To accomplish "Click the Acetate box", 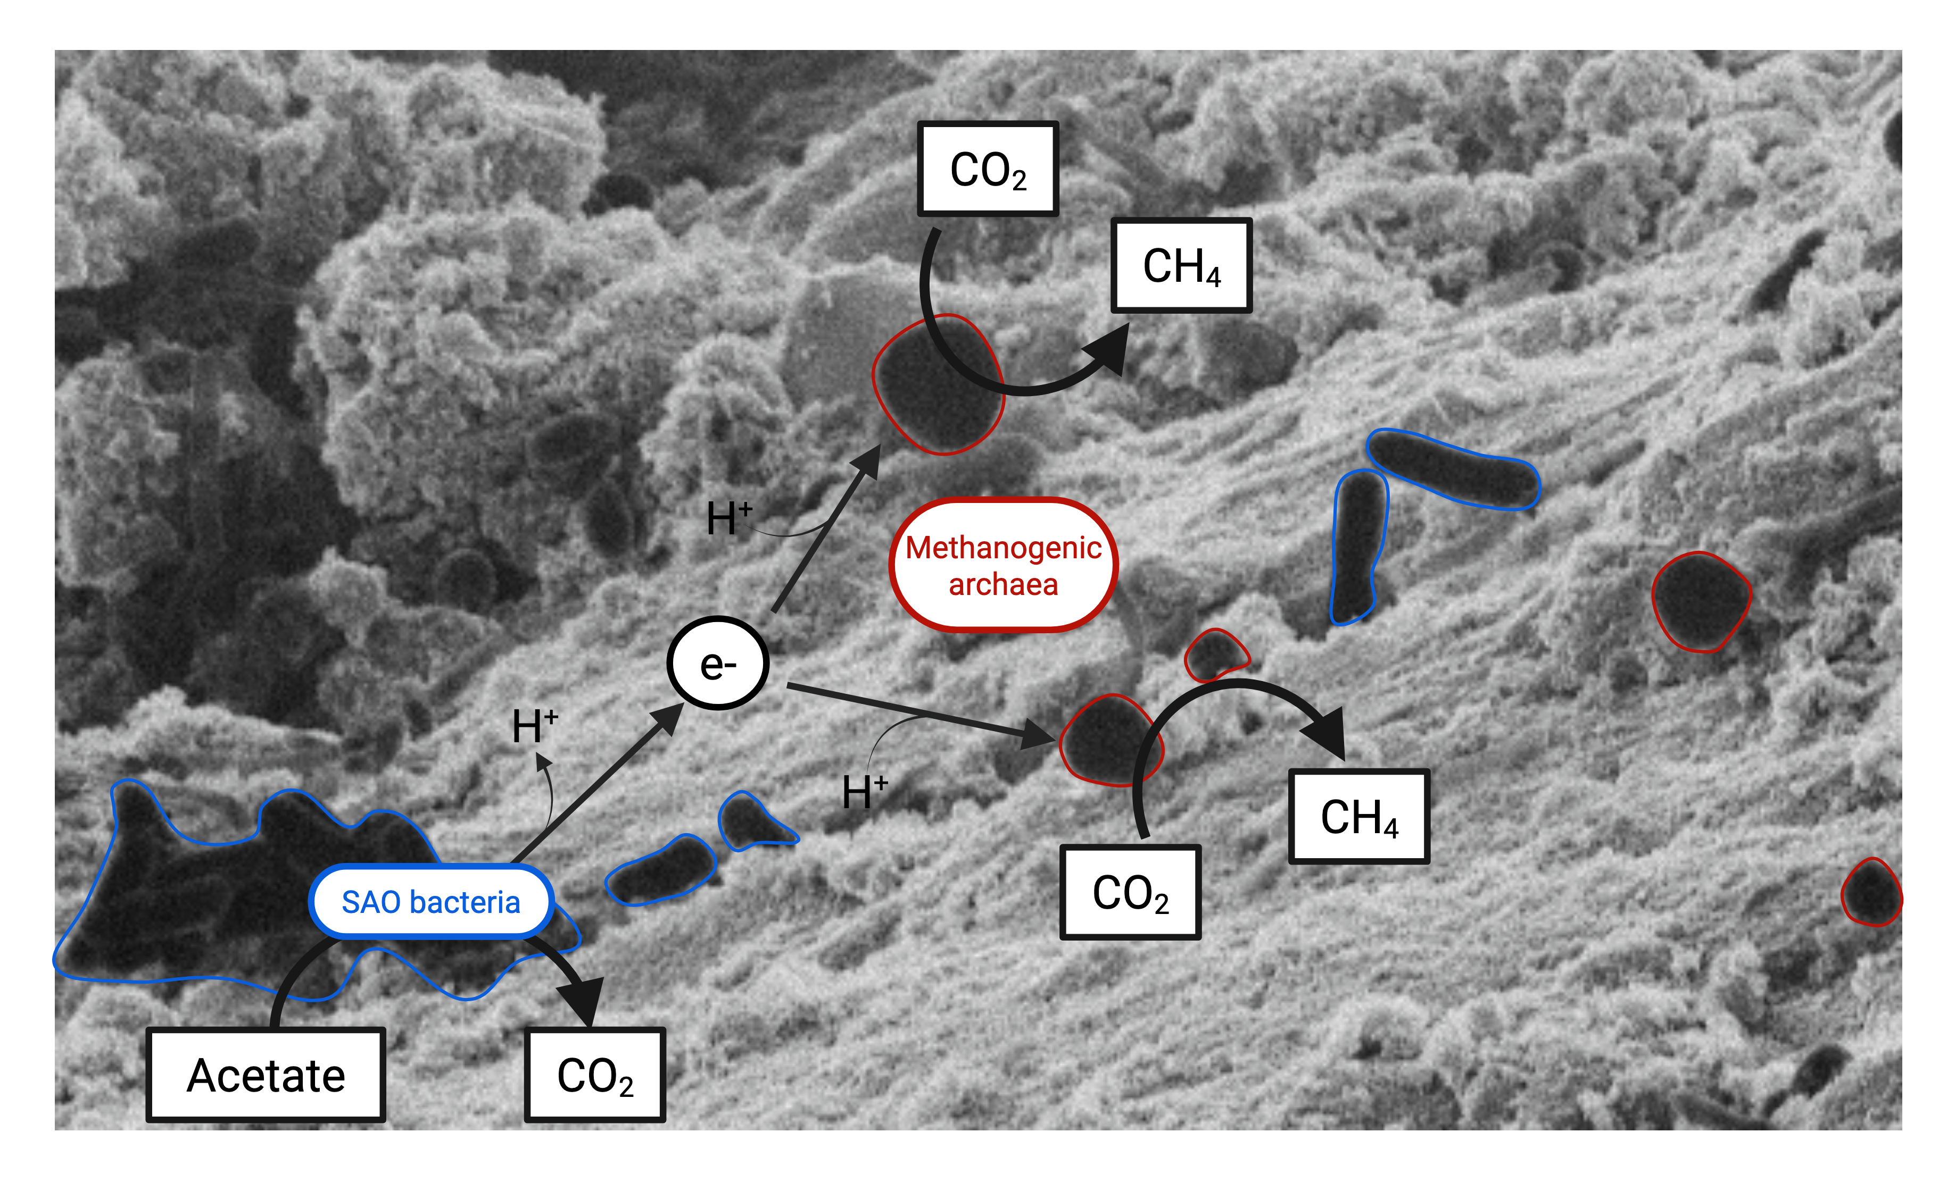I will click(266, 1075).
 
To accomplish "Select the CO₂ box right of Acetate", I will click(595, 1075).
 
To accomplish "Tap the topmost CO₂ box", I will click(988, 169).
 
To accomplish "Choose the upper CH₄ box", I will click(1181, 265).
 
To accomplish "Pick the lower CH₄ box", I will click(1358, 816).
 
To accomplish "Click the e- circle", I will click(717, 663).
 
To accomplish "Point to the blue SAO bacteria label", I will click(431, 901).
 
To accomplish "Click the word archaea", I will click(1002, 584).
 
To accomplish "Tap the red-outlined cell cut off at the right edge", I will click(1871, 893).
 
